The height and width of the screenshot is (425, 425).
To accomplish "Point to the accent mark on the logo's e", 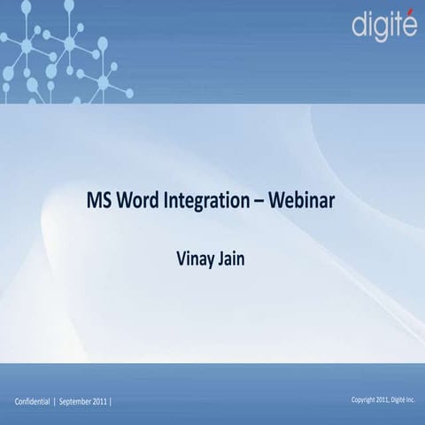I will [410, 12].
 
